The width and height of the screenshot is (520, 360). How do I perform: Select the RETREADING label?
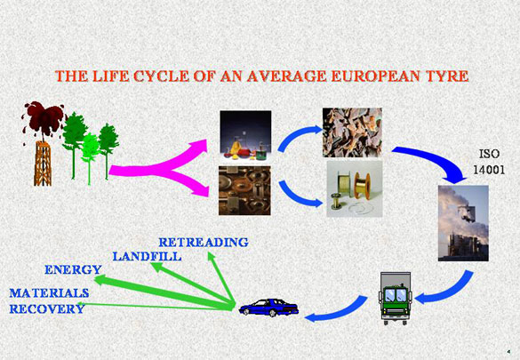pos(204,243)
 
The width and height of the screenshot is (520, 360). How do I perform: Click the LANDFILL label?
pos(147,256)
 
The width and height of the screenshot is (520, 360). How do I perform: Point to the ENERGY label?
pos(73,270)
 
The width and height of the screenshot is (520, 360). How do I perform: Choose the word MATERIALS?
pos(49,293)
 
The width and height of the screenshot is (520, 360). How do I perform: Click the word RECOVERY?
pos(47,309)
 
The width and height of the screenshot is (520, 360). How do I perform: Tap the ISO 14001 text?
pos(489,162)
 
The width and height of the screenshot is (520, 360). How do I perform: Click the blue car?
pos(269,308)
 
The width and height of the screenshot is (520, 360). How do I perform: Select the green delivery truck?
pos(395,299)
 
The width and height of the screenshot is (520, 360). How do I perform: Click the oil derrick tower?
pos(43,163)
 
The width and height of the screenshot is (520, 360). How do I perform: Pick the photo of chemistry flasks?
pos(245,136)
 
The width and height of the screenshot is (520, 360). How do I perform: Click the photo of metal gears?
pos(244,190)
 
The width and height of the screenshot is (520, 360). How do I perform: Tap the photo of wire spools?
pos(355,189)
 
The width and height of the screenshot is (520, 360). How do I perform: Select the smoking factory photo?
pos(463,223)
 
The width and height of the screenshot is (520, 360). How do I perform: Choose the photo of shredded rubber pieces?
pos(352,132)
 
